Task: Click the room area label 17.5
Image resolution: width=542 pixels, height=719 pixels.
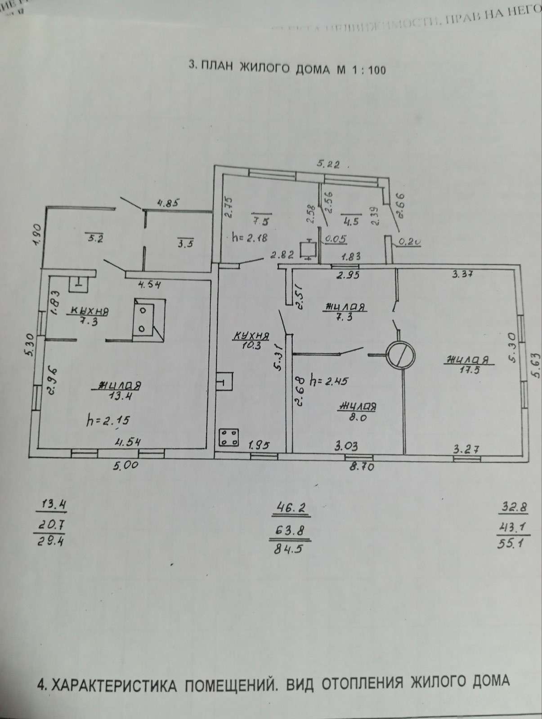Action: click(468, 369)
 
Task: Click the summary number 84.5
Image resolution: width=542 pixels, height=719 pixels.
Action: click(291, 550)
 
